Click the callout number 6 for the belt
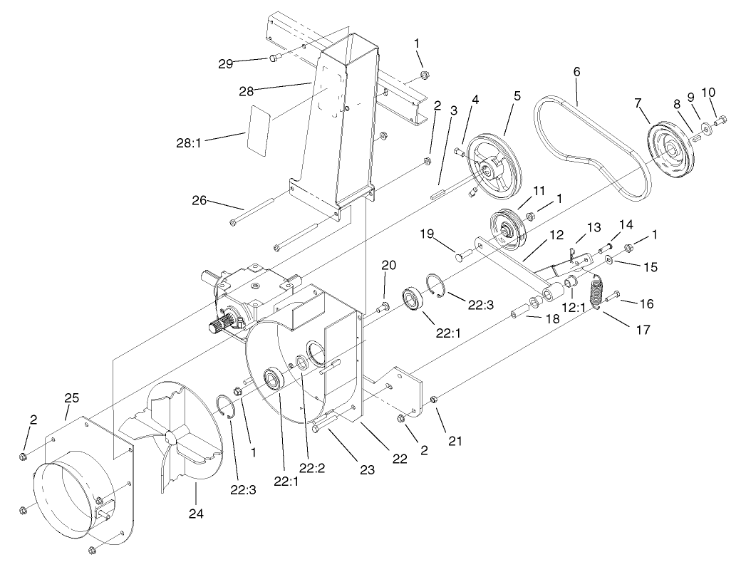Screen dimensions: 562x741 click(576, 71)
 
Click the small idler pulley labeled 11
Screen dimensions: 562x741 click(509, 227)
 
